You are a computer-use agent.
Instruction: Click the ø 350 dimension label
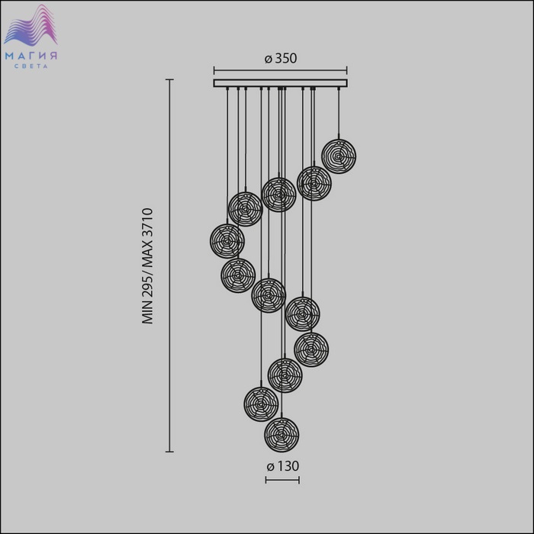pos(281,58)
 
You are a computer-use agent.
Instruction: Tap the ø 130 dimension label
pos(283,466)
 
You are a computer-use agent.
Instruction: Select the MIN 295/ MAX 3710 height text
pos(148,266)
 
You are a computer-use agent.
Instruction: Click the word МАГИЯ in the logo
pos(31,56)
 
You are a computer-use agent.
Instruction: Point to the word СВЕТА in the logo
pos(31,66)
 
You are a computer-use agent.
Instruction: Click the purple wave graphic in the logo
pos(31,25)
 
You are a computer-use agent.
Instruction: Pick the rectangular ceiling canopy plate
pos(280,83)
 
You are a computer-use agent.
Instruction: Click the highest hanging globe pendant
pos(339,156)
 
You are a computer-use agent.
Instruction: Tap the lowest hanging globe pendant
pos(281,435)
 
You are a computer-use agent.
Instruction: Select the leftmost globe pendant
pos(227,241)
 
